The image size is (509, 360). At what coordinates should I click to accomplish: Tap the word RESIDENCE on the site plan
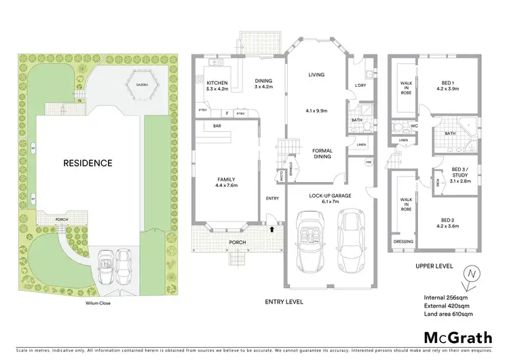coord(88,163)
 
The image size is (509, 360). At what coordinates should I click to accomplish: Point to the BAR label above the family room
coord(217,126)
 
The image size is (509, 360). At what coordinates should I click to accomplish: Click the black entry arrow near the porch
coord(272,230)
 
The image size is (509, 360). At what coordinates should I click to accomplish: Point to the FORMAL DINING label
coord(322,154)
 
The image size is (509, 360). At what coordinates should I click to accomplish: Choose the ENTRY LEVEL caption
coord(286,302)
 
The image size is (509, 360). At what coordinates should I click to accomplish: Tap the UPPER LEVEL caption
coord(434,267)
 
